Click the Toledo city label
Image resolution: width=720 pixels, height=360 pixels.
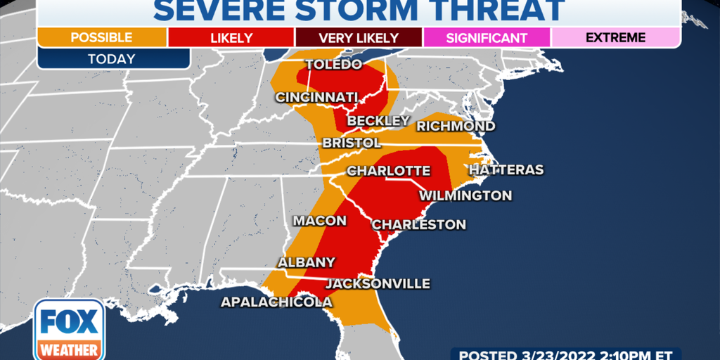tap(333, 65)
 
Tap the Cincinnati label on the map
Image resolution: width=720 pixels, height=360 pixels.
tap(317, 97)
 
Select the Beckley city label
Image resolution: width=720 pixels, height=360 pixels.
tap(378, 121)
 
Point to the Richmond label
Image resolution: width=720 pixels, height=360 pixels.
tap(456, 127)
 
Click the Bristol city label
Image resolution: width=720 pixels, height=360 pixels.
tap(352, 143)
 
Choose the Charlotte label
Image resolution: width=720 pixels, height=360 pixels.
tap(388, 171)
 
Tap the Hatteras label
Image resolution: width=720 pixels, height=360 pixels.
tap(506, 170)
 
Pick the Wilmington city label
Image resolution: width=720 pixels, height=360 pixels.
tap(465, 195)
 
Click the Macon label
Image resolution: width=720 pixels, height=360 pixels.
tap(320, 221)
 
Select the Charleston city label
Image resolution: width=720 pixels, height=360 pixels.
tap(418, 225)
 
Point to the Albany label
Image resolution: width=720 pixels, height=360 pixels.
tap(307, 262)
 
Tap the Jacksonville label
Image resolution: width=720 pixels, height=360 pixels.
tap(378, 283)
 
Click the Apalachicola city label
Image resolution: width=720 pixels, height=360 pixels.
tap(276, 302)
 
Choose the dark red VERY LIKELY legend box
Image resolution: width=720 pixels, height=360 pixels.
tap(359, 37)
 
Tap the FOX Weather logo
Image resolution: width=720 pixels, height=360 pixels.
tap(70, 330)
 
